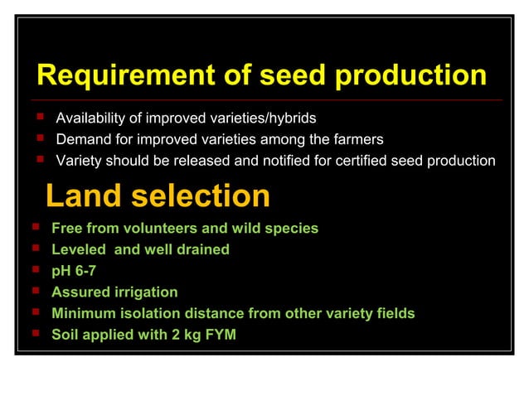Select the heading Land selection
pos(158,196)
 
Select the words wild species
pos(279,228)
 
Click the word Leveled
pos(77,249)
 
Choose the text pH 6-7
pos(74,271)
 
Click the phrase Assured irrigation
pos(114,292)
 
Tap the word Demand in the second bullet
pos(80,139)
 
